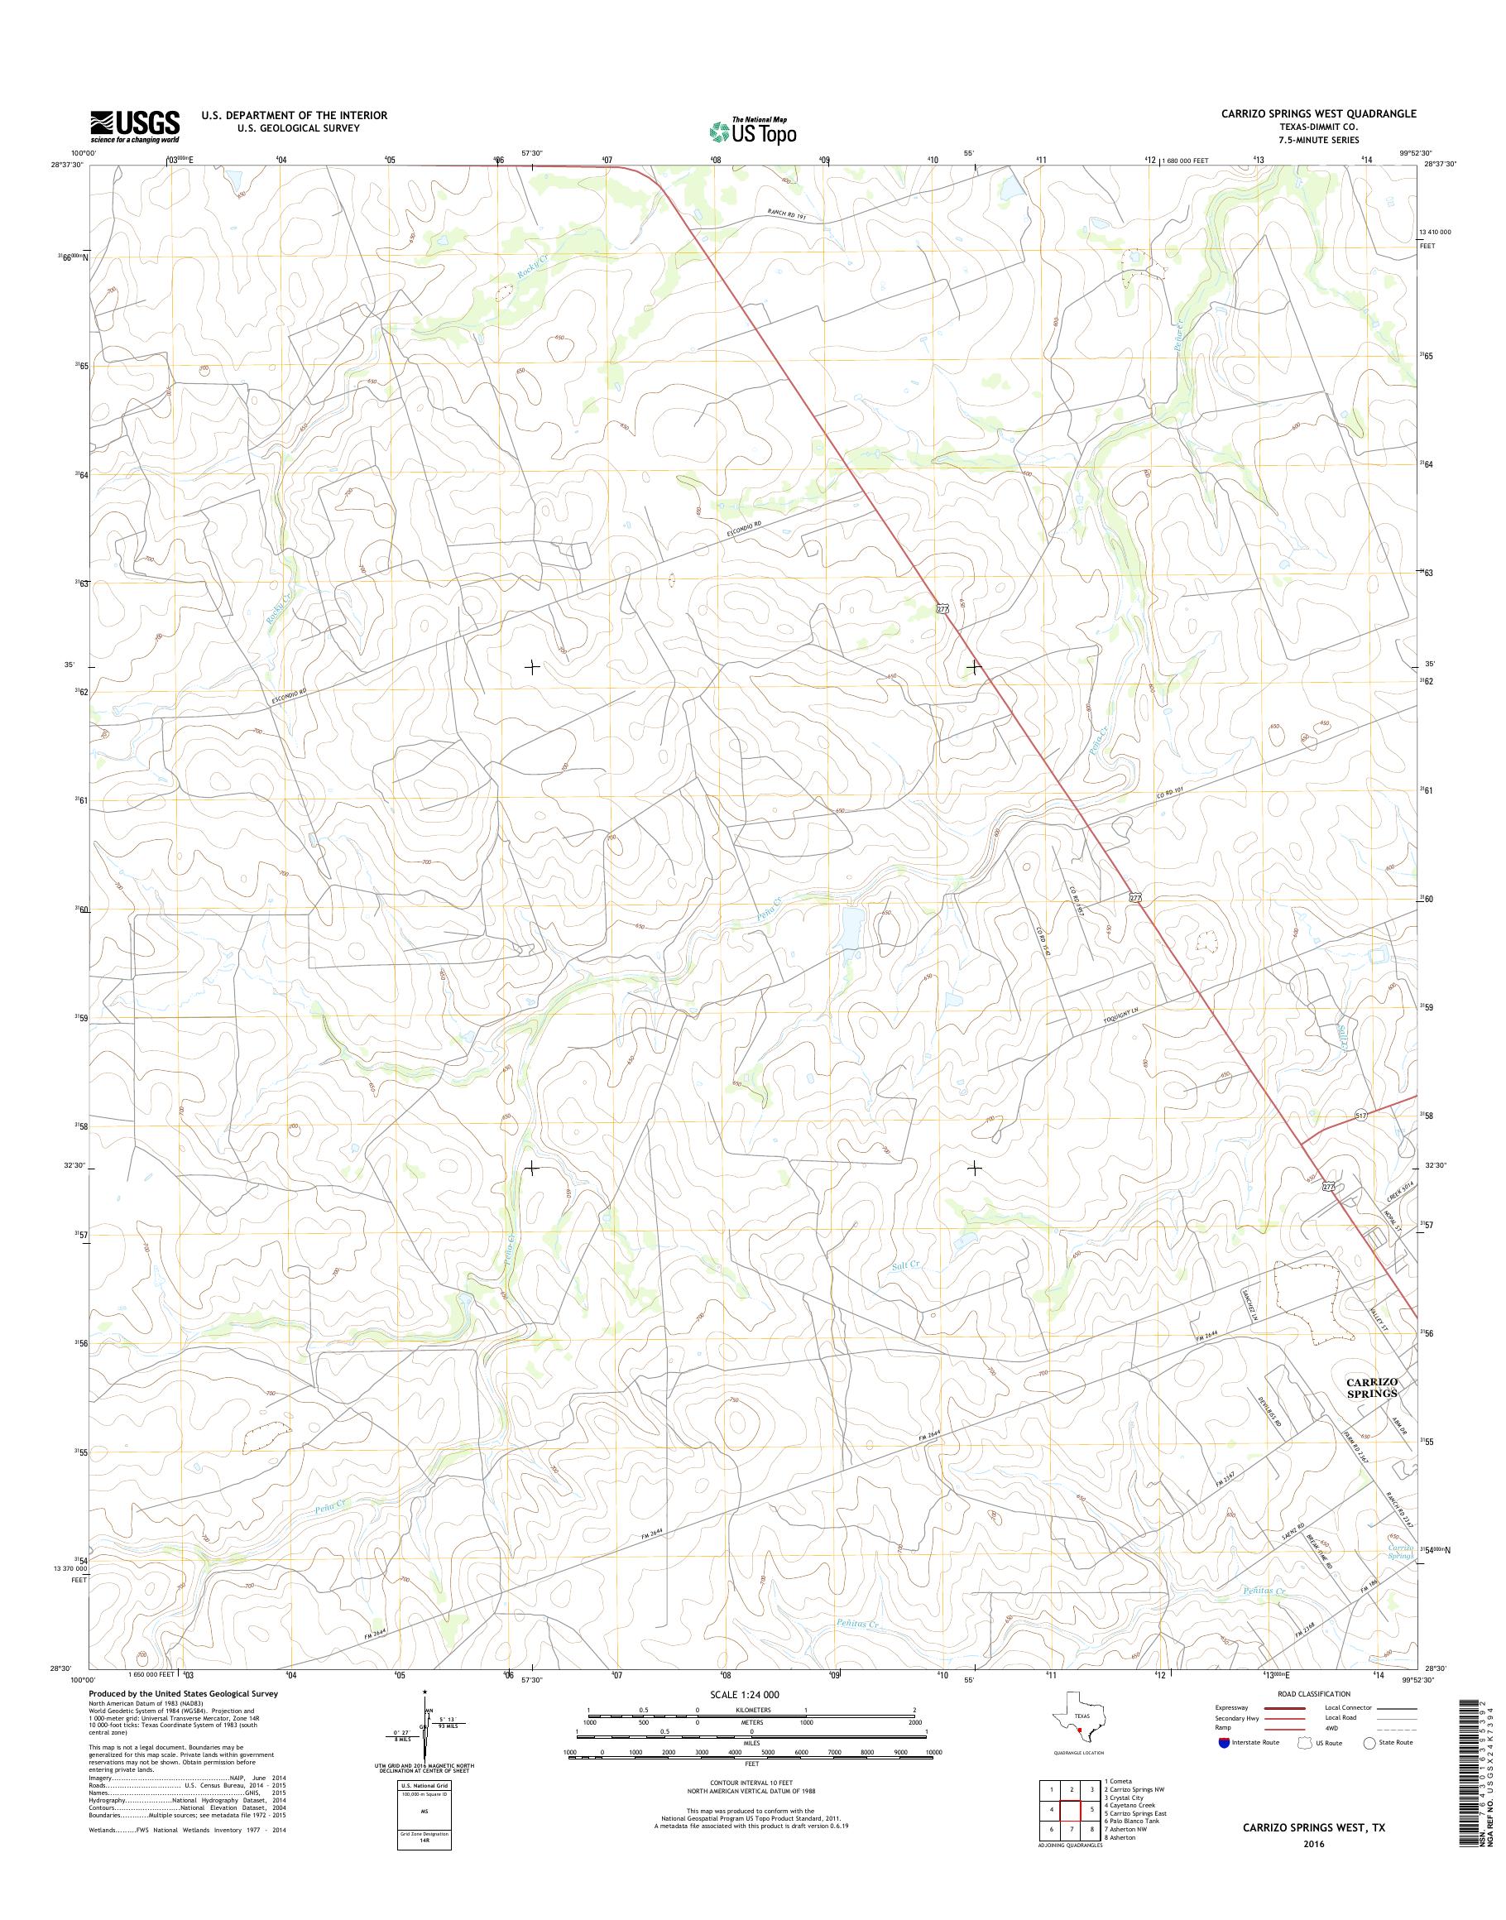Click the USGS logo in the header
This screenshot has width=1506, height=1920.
[134, 126]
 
